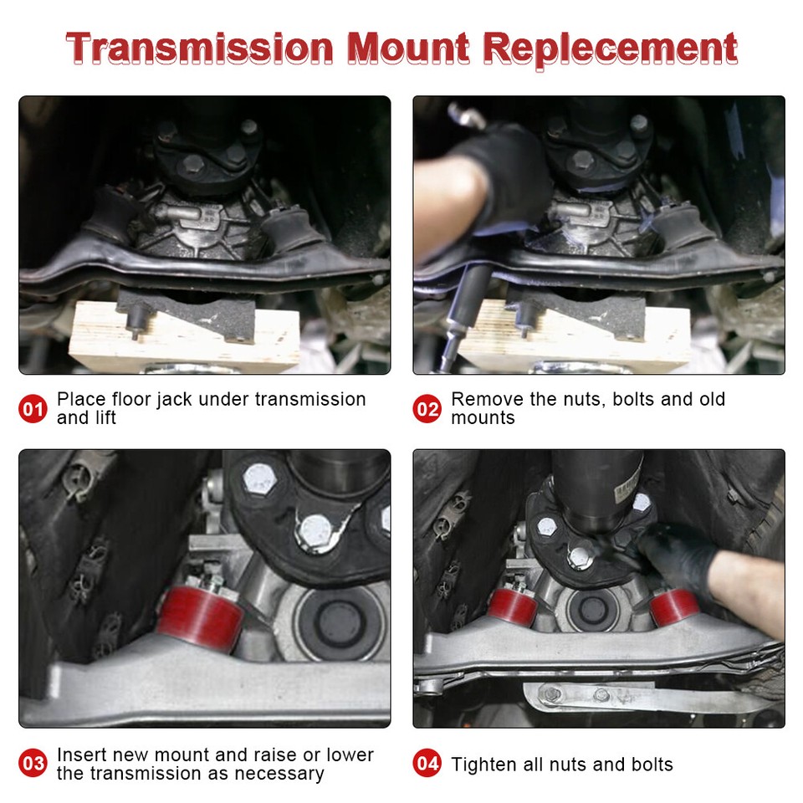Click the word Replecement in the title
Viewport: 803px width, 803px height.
611,48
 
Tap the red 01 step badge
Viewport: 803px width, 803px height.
33,410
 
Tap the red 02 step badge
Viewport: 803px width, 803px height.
427,410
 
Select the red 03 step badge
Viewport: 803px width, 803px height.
33,764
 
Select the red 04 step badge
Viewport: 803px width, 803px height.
427,764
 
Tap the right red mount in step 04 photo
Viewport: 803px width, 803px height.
674,606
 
